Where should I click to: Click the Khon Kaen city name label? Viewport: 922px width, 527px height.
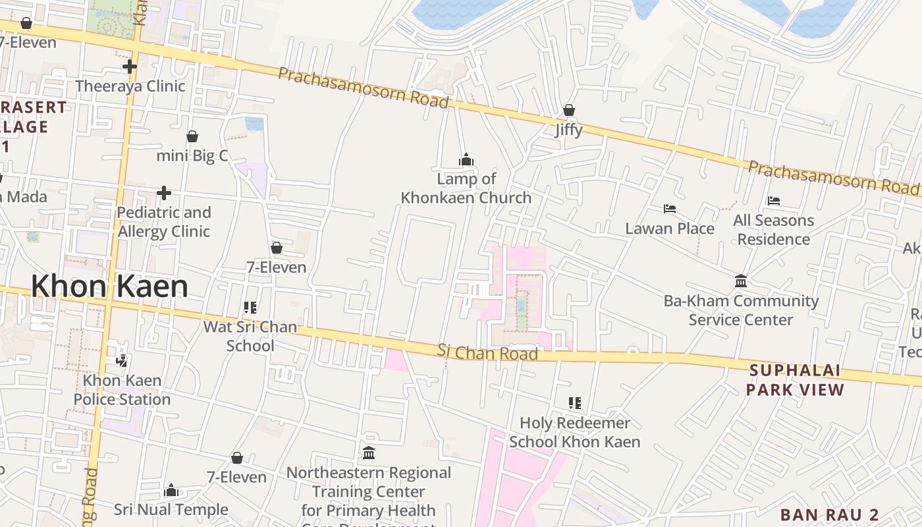[x=109, y=287]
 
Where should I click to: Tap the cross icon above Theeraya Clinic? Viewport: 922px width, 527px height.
[x=130, y=67]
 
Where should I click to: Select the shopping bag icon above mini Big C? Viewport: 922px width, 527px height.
[x=192, y=136]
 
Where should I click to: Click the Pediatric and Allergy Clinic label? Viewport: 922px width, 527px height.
[x=164, y=222]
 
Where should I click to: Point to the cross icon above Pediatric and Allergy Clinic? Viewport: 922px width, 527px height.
[x=164, y=193]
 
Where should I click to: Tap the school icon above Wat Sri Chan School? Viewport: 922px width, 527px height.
[x=250, y=307]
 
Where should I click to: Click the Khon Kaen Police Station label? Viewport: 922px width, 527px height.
[x=122, y=390]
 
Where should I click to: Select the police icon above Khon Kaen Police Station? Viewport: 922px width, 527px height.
[x=121, y=360]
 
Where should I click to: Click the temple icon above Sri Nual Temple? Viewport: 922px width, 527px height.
[x=171, y=490]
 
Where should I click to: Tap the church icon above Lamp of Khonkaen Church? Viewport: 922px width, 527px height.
[x=466, y=159]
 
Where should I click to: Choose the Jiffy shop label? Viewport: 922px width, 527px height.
[x=568, y=130]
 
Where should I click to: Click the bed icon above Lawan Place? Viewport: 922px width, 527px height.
[x=670, y=209]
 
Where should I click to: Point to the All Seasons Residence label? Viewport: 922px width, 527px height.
[x=773, y=229]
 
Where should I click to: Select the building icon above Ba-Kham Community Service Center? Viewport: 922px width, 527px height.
[x=741, y=281]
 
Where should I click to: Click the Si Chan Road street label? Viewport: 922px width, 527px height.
[x=487, y=352]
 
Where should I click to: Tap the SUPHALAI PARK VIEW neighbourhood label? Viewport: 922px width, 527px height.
[x=795, y=380]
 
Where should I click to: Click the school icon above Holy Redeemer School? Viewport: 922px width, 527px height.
[x=575, y=402]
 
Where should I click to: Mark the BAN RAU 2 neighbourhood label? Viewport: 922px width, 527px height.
[x=829, y=514]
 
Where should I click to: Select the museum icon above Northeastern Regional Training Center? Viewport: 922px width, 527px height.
[x=369, y=453]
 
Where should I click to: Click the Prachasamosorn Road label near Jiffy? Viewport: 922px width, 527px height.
[x=364, y=86]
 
